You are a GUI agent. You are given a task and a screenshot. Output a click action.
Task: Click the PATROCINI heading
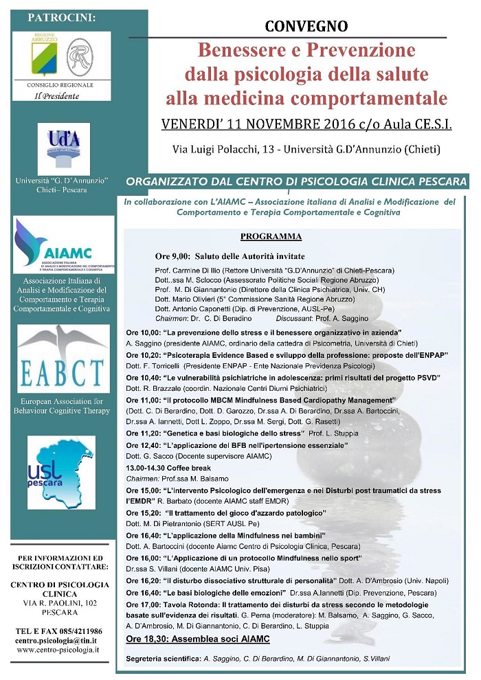[61, 16]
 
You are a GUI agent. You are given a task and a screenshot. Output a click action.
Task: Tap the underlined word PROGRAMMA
[271, 237]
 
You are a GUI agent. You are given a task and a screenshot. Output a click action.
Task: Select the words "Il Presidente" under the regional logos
[57, 95]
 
